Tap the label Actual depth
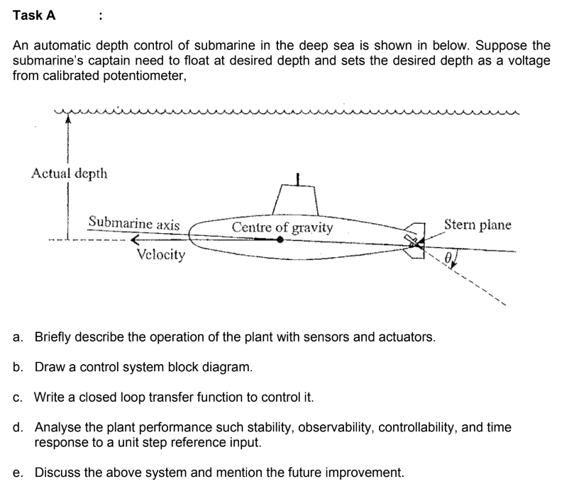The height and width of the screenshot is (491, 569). click(70, 174)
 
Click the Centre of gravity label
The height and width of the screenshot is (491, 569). click(282, 227)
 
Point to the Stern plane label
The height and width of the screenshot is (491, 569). click(477, 225)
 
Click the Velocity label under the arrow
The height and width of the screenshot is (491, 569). click(160, 254)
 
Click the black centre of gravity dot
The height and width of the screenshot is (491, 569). click(281, 240)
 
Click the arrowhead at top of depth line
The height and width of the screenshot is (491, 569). click(68, 120)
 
